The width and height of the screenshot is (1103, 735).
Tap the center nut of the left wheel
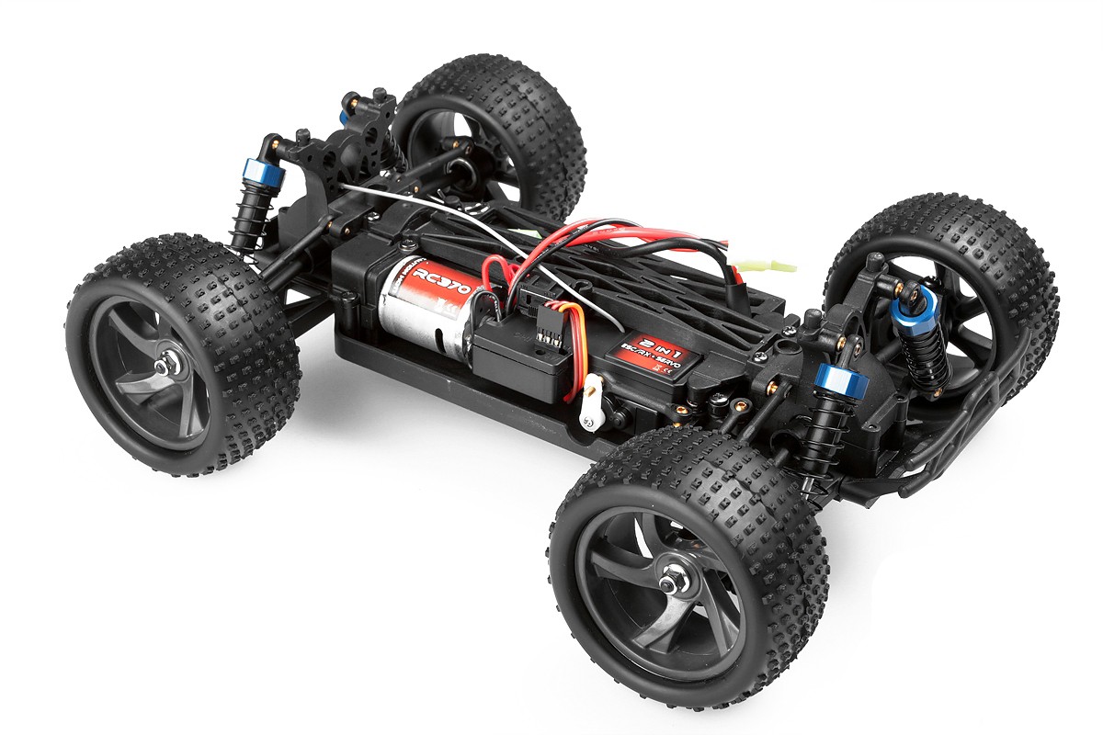click(165, 366)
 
